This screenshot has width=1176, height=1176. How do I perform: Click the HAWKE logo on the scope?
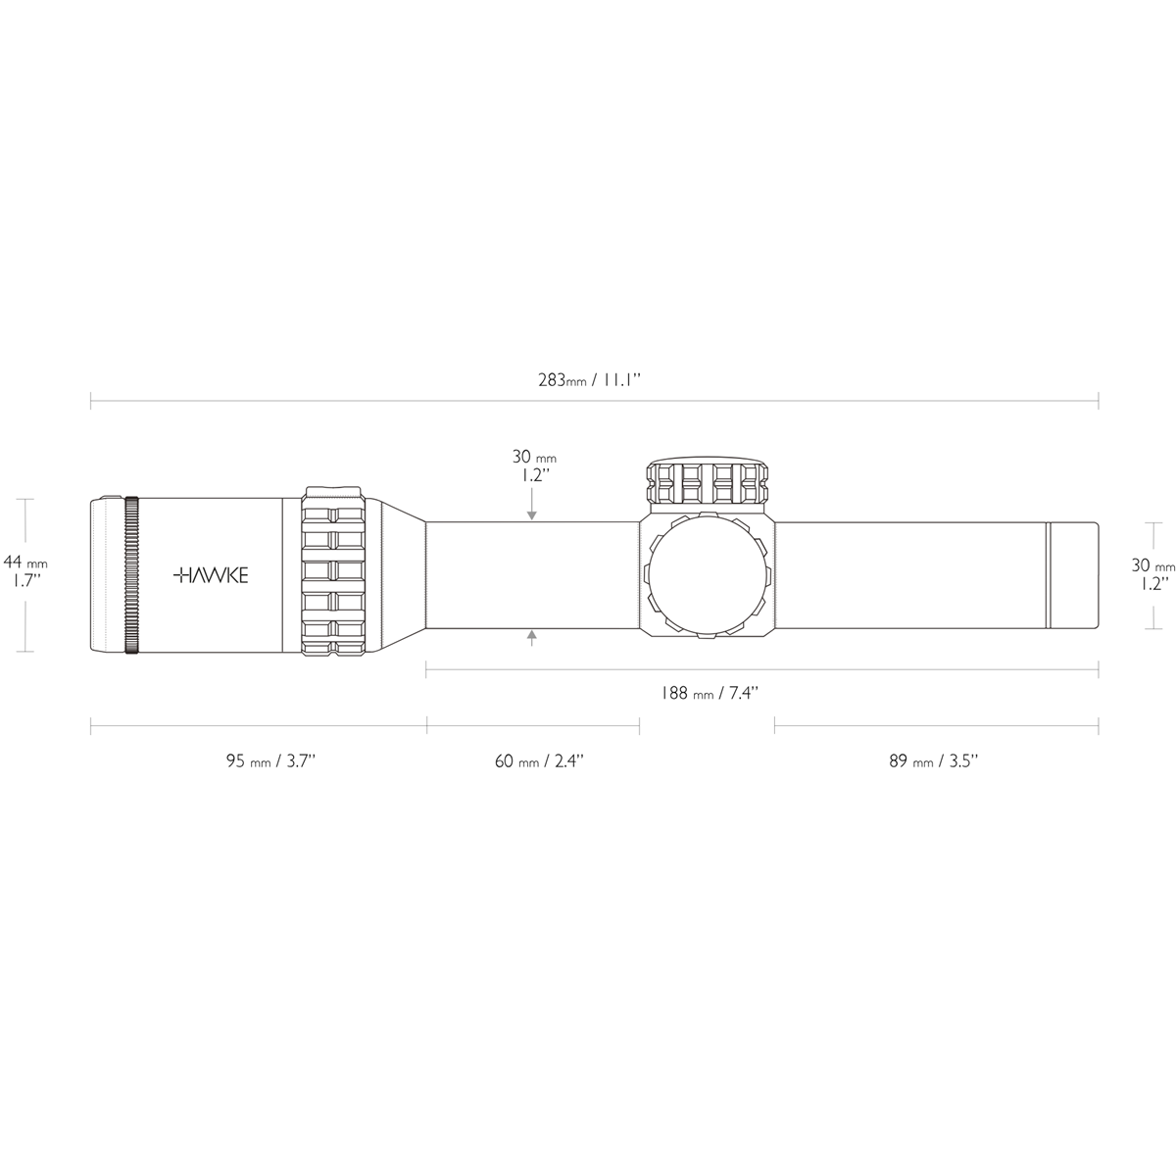[211, 575]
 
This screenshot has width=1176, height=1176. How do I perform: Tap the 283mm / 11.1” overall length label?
[589, 380]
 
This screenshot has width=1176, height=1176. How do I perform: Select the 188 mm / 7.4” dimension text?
[710, 693]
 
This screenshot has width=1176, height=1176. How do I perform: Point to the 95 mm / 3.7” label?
[270, 761]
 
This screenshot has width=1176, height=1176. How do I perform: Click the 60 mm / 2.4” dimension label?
[539, 761]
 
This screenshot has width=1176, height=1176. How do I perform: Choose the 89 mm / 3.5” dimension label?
[934, 761]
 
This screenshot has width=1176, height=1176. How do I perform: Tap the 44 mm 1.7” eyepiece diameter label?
[25, 570]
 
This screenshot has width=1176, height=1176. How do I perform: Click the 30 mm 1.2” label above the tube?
[534, 465]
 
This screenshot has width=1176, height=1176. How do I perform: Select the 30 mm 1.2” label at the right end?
[1152, 574]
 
